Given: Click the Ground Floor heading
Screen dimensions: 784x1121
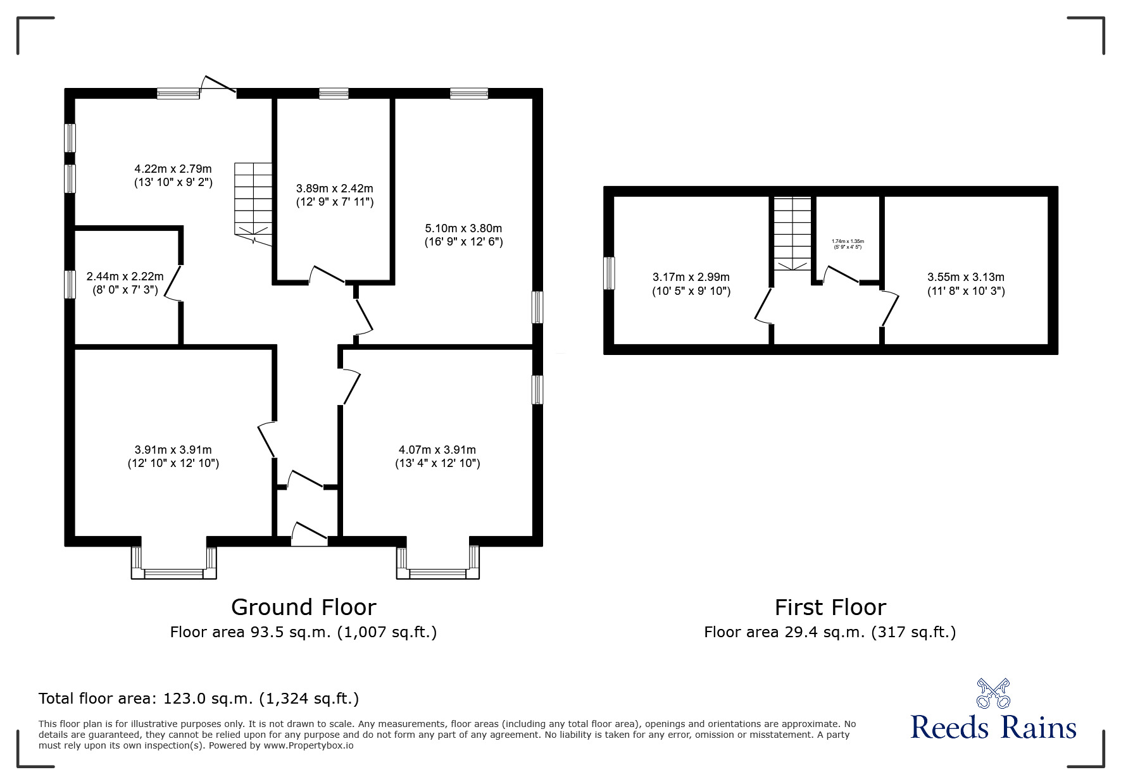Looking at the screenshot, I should (x=303, y=607).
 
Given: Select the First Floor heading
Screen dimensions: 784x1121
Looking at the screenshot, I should (x=830, y=607).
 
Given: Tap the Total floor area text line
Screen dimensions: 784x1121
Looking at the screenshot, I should (x=199, y=699).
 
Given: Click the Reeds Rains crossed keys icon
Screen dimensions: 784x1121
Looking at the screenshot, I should (x=993, y=693).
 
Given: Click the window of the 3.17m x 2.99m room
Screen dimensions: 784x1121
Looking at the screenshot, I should (x=609, y=273).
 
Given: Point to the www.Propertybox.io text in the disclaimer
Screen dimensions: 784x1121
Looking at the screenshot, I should (x=308, y=745).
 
